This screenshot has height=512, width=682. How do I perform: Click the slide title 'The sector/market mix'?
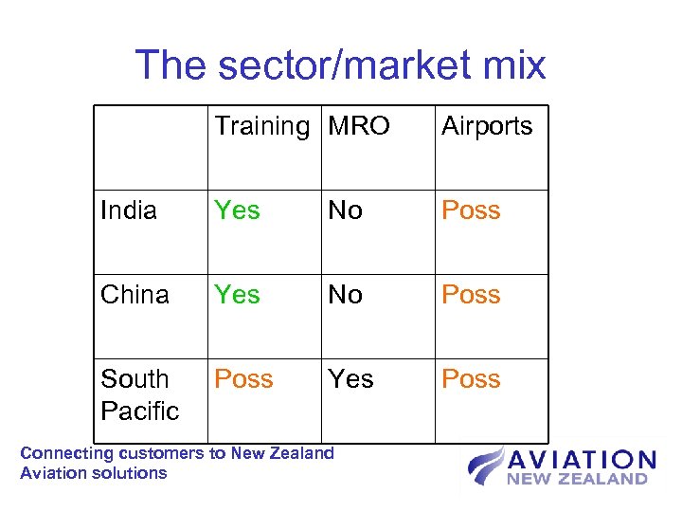tap(340, 64)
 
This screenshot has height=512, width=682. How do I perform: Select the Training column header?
tap(262, 126)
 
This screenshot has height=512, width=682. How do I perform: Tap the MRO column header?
tap(359, 126)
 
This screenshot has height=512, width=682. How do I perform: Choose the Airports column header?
tap(487, 126)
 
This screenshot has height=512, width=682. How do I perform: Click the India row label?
tap(129, 210)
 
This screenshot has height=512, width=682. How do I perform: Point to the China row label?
tap(135, 295)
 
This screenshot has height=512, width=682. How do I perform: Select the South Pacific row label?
tap(139, 394)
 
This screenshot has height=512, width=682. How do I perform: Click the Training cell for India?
tap(237, 210)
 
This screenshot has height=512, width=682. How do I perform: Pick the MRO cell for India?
tap(345, 210)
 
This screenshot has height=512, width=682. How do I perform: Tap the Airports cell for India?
tap(471, 210)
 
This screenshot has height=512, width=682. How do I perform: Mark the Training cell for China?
tap(237, 295)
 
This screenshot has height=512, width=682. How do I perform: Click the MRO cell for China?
tap(345, 295)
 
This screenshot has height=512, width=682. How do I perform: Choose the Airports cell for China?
tap(471, 295)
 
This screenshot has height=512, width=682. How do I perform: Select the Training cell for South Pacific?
tap(243, 379)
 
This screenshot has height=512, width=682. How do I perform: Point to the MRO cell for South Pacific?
tap(350, 379)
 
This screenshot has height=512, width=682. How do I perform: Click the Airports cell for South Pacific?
tap(471, 379)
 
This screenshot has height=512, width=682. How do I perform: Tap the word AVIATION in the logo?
tap(582, 461)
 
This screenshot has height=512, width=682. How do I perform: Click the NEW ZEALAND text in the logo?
tap(577, 480)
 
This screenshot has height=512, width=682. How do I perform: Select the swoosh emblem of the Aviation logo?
tap(485, 467)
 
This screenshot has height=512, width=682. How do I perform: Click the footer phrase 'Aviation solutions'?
tap(93, 473)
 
